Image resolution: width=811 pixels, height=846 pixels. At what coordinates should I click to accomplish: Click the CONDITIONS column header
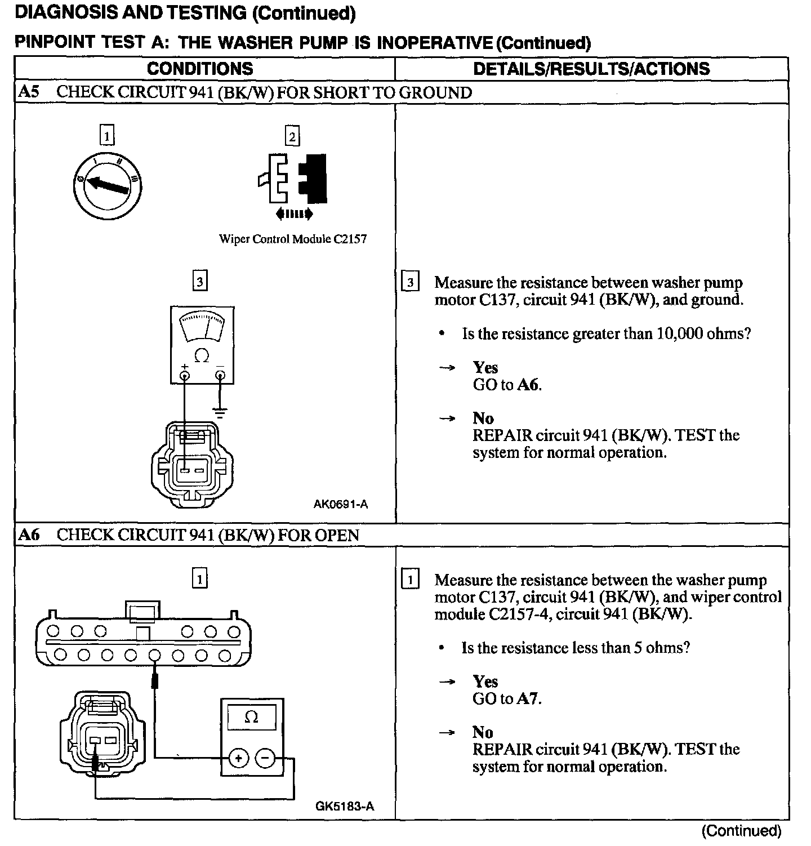coord(200,69)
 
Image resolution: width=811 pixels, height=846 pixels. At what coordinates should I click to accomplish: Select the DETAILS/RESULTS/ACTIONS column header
coord(591,69)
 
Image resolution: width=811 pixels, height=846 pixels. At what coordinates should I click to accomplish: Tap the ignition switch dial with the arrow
coord(108,184)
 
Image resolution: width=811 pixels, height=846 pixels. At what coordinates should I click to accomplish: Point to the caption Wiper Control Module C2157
coord(293,239)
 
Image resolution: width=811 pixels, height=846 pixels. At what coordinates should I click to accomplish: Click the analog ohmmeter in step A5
coord(202,345)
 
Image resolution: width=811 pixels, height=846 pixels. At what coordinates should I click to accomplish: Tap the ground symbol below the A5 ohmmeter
coord(220,412)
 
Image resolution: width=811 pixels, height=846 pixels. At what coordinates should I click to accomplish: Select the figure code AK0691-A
coord(340,504)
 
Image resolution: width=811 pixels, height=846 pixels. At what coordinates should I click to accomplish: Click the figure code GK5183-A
coord(344,806)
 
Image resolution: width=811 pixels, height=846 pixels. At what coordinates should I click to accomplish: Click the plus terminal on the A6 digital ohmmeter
coord(239,759)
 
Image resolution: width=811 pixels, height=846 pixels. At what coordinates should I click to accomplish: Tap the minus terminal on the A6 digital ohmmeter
coord(266,759)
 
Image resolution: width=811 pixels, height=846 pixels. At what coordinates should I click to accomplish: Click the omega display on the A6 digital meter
coord(252,718)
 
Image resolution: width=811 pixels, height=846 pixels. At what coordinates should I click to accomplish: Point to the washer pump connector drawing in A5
coord(191,465)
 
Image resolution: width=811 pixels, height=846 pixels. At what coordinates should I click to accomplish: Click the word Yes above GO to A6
coord(485,368)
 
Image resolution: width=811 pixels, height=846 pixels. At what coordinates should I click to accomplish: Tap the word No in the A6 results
coord(483,732)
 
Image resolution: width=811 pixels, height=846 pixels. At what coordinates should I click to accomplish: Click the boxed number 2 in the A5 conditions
coord(292,136)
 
